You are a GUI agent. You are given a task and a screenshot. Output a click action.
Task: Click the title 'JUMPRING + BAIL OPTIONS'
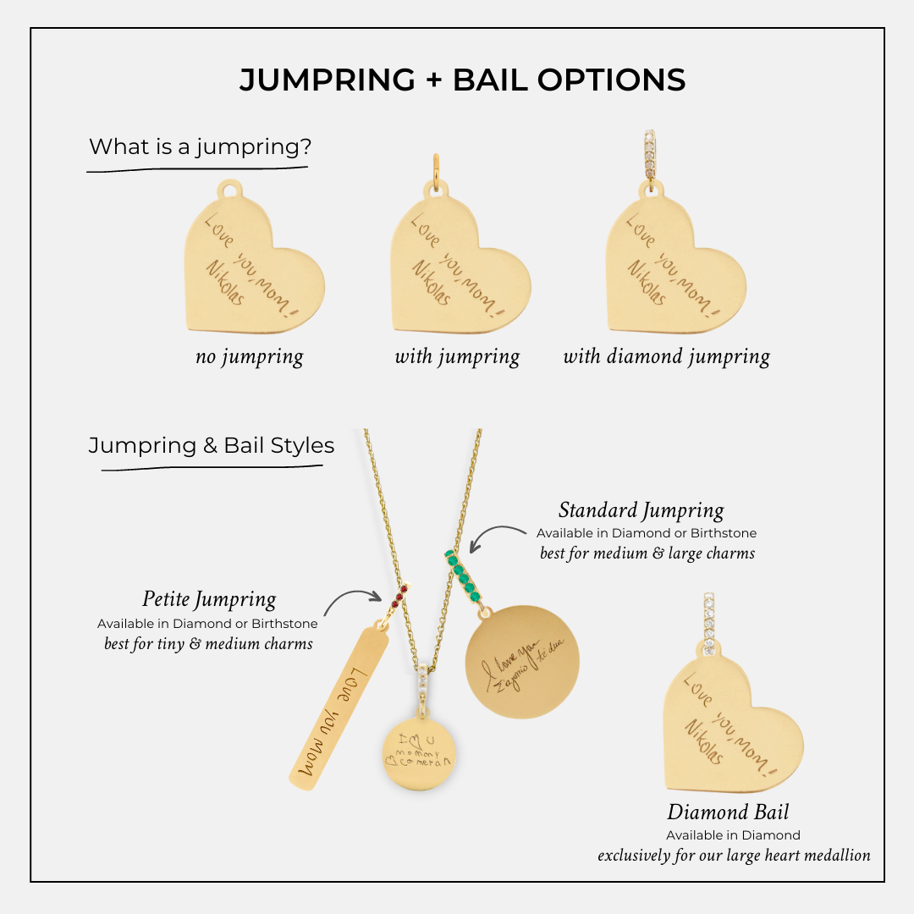click(x=462, y=80)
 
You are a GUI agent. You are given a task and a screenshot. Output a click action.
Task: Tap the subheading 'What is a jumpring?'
click(x=201, y=146)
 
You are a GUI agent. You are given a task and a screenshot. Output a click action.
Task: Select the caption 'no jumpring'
click(x=249, y=357)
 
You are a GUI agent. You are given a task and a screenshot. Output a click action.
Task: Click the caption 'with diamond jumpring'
click(x=667, y=357)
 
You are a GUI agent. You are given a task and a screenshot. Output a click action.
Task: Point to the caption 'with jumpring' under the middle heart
click(x=457, y=357)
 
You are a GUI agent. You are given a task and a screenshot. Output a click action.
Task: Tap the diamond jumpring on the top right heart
click(x=650, y=156)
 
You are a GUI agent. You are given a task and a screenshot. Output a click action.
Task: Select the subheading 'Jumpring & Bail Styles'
click(x=212, y=445)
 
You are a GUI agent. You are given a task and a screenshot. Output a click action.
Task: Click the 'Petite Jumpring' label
click(x=209, y=600)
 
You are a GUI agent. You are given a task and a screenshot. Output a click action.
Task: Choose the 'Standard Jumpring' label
click(x=641, y=511)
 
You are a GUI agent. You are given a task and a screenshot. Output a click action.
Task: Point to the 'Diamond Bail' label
click(x=728, y=812)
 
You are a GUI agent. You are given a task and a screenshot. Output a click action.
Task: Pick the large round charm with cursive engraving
click(x=523, y=661)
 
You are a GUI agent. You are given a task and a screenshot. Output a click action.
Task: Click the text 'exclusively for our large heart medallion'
click(x=734, y=855)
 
